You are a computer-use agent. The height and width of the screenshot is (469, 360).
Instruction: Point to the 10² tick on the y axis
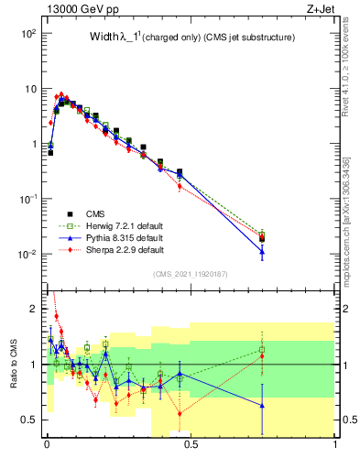[x=28, y=33]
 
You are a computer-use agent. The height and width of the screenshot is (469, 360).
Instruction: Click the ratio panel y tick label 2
[x=35, y=309]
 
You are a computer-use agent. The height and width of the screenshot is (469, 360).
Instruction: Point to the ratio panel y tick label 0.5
[x=30, y=420]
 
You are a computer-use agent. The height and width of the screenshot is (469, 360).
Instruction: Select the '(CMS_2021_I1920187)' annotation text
[x=191, y=274]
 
